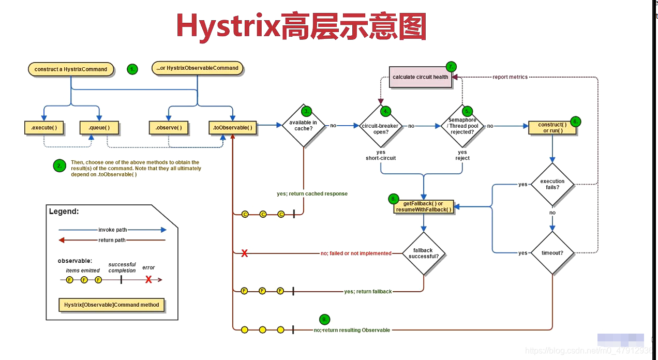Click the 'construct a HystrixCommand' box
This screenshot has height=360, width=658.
[71, 69]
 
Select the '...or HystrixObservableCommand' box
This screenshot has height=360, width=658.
[197, 68]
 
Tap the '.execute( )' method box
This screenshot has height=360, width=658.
[44, 127]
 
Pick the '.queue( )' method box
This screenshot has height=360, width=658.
[99, 127]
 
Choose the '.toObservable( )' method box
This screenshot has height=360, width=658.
[233, 127]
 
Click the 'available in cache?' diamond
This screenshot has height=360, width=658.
[303, 126]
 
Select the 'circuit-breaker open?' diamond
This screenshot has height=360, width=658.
[381, 126]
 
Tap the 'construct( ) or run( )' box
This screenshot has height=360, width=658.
[552, 127]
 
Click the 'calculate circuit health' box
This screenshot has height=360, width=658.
[420, 77]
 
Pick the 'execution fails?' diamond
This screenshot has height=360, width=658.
[552, 184]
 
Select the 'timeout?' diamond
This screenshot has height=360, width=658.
[552, 253]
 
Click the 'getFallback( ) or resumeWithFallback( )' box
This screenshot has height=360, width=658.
[423, 206]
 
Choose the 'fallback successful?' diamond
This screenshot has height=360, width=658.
[423, 253]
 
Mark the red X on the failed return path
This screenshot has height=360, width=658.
[245, 253]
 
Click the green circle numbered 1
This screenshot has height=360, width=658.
[132, 69]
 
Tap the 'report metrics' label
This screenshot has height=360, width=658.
[510, 77]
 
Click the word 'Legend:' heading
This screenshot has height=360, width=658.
[64, 212]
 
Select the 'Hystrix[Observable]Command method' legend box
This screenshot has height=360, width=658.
[112, 305]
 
